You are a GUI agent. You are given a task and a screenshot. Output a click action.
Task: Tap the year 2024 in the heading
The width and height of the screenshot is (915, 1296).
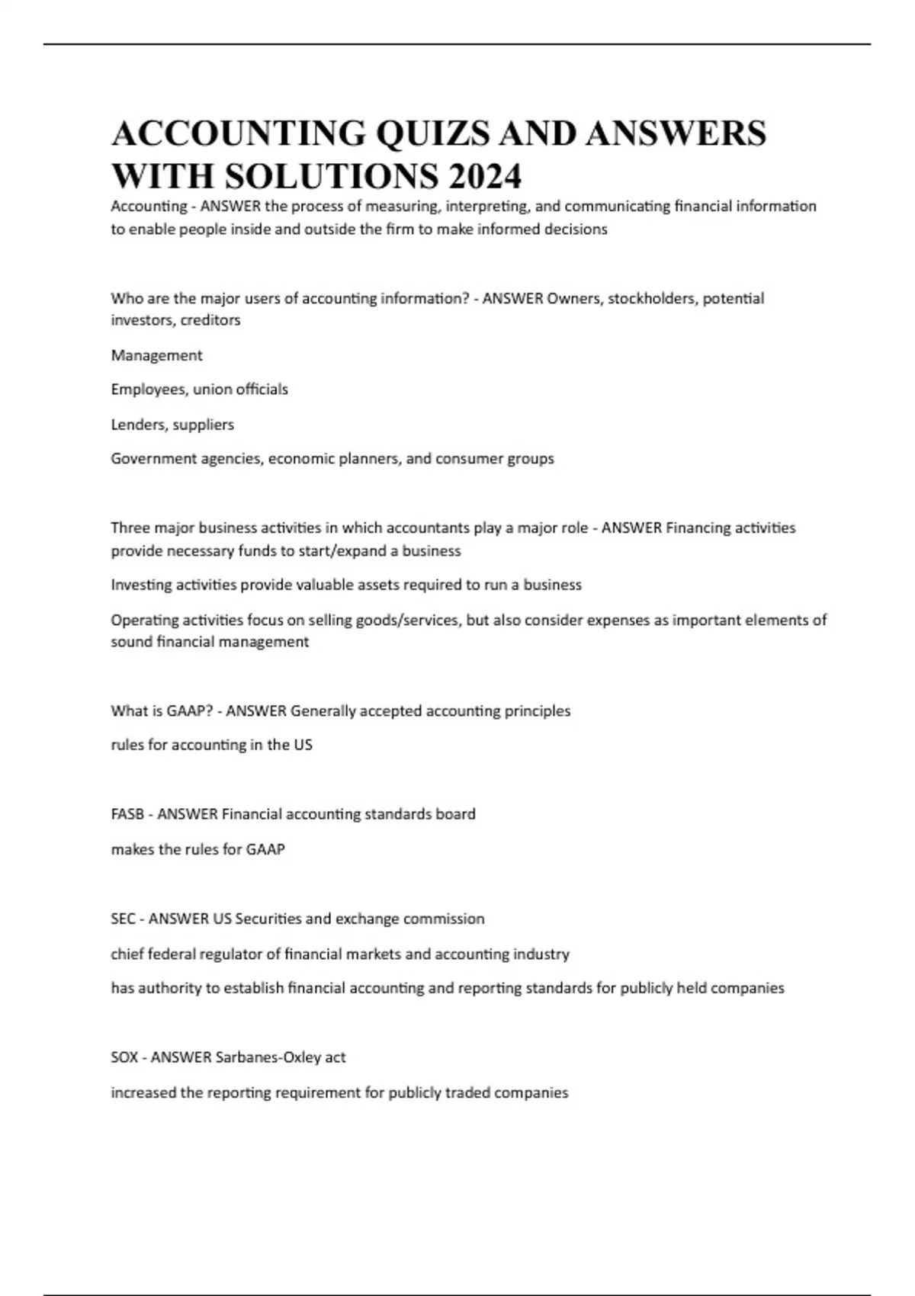[485, 177]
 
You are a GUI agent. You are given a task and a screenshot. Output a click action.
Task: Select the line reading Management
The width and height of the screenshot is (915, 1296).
[156, 355]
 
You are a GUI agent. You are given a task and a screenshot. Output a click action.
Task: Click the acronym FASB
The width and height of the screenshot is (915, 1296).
[127, 814]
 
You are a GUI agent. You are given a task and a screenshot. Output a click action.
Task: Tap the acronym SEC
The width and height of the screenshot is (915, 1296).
[123, 919]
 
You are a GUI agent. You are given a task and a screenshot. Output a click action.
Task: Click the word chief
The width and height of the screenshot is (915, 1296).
[127, 954]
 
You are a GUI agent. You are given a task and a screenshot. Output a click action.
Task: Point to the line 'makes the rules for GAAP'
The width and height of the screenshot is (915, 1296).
[197, 849]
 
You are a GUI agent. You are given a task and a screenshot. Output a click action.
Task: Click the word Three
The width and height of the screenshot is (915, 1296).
[130, 528]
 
